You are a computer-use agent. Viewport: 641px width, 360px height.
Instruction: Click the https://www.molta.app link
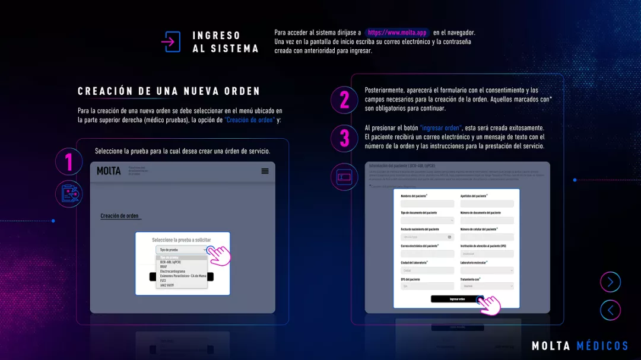click(x=397, y=33)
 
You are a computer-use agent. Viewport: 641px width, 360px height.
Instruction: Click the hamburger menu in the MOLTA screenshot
click(x=265, y=171)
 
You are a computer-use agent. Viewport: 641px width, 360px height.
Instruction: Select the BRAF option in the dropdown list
click(x=164, y=266)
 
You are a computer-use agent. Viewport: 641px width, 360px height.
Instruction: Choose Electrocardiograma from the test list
click(x=173, y=271)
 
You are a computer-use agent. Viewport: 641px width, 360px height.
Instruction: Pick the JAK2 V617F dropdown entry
click(x=167, y=285)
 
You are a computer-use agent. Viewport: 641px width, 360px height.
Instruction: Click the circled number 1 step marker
click(x=69, y=162)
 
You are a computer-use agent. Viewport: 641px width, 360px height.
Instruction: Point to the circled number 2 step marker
click(x=344, y=100)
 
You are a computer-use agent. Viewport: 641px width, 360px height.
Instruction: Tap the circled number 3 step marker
click(x=344, y=138)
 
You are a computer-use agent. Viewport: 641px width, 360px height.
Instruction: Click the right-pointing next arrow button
click(x=610, y=282)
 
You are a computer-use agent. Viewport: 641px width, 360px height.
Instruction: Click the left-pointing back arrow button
click(x=610, y=310)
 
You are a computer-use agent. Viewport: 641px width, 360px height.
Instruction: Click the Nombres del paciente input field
click(x=427, y=204)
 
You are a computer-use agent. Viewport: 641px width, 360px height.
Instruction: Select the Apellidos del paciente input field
click(x=487, y=204)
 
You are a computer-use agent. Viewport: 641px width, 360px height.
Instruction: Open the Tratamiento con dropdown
click(x=487, y=286)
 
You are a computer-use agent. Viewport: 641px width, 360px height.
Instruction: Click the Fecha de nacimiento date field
click(x=427, y=237)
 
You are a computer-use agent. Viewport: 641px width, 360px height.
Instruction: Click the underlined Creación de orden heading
click(x=120, y=216)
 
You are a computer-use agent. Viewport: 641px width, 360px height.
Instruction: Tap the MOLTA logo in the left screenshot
click(x=109, y=171)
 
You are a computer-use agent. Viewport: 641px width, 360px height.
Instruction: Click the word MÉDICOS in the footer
click(x=602, y=346)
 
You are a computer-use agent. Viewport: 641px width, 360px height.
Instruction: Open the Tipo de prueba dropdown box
click(x=182, y=250)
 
